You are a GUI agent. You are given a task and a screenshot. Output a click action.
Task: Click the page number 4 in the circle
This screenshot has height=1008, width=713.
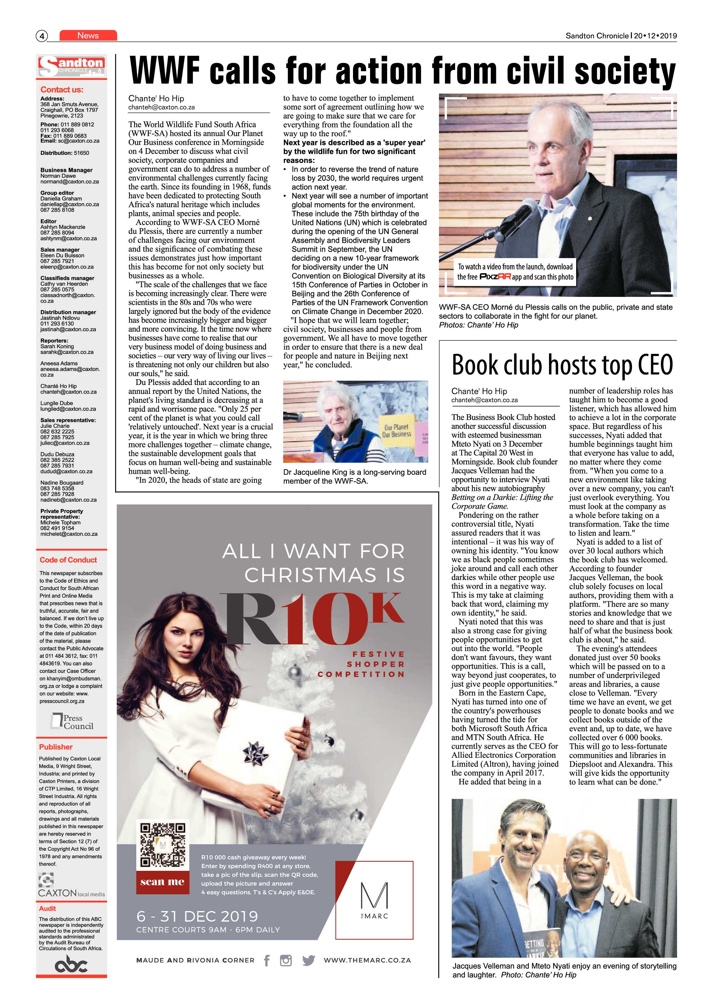click(42, 36)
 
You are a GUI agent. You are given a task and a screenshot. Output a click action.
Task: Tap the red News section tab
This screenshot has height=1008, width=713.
click(88, 36)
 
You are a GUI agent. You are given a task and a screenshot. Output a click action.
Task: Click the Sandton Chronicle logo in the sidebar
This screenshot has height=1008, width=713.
click(72, 67)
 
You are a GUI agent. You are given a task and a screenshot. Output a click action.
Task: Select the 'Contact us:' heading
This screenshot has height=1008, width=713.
click(62, 90)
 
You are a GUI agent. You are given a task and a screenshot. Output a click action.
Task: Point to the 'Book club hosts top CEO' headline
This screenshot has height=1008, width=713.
click(562, 365)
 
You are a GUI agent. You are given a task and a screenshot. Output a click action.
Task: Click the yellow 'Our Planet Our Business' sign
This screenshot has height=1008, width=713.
click(397, 431)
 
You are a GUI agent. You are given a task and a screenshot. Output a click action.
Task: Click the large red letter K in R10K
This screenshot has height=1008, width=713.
click(385, 608)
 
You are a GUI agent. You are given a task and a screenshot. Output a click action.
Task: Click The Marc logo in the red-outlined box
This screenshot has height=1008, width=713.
click(374, 900)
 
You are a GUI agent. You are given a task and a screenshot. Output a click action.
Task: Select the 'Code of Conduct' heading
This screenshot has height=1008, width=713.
click(68, 560)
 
